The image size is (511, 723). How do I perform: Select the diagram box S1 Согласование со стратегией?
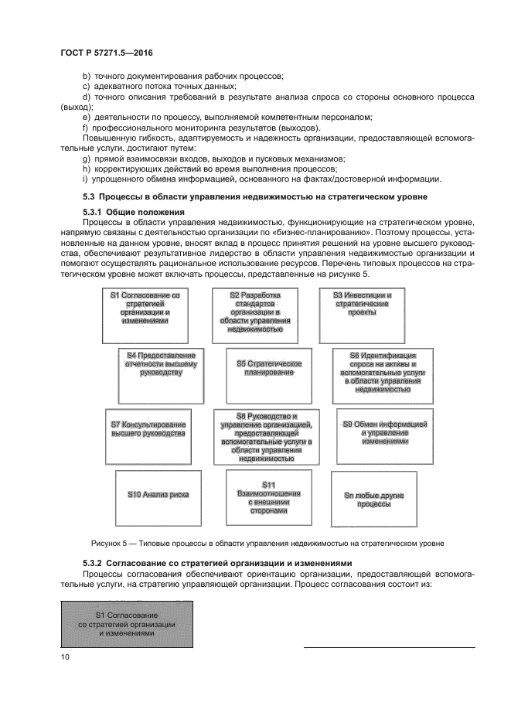(145, 315)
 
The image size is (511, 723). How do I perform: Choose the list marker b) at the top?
(87, 75)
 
